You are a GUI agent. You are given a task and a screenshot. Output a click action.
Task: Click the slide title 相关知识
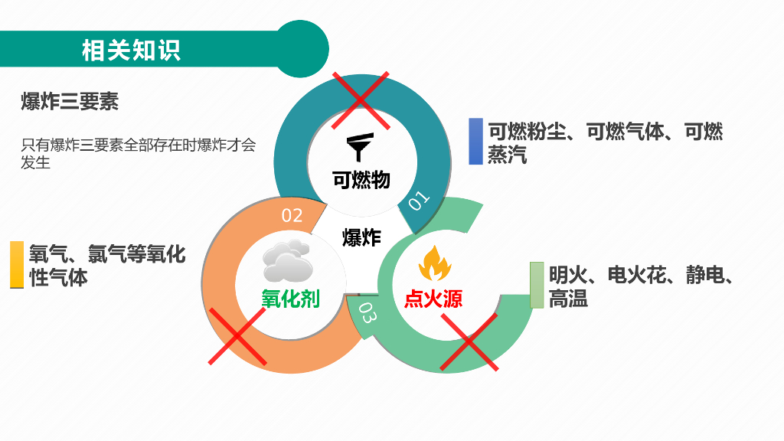click(131, 51)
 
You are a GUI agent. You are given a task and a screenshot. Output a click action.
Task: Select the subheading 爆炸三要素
click(70, 101)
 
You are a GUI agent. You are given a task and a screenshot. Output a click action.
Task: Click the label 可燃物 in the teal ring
click(361, 180)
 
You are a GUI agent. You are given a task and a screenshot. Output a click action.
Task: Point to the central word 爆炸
click(361, 237)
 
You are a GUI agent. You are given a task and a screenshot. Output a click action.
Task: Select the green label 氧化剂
click(290, 299)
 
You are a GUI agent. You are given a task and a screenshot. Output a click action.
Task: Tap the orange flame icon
click(434, 263)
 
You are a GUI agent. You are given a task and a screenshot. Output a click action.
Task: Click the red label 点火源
click(433, 299)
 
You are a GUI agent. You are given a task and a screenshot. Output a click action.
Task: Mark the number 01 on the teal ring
click(419, 201)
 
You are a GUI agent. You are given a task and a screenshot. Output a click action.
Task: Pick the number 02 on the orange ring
click(292, 216)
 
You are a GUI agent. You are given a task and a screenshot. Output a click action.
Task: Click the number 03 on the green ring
click(367, 313)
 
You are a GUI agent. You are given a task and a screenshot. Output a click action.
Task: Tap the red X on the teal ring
click(361, 100)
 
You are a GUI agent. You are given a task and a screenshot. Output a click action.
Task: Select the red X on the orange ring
click(237, 336)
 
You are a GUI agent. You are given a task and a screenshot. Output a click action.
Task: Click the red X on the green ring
click(469, 342)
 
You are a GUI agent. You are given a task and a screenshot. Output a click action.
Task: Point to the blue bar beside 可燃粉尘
click(475, 142)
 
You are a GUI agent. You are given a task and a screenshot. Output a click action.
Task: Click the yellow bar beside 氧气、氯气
click(17, 265)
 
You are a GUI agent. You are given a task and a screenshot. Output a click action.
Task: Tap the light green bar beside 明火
click(537, 285)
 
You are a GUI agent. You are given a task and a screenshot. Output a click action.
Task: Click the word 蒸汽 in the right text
click(508, 155)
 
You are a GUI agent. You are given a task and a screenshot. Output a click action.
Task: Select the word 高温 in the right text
click(568, 299)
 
